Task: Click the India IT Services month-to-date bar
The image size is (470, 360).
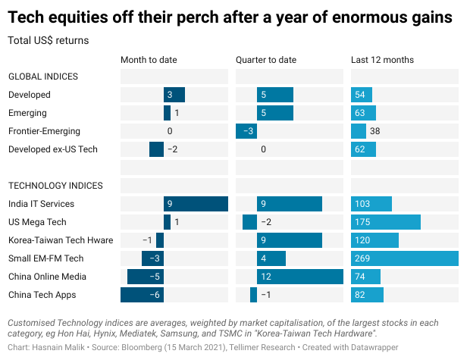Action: click(x=196, y=204)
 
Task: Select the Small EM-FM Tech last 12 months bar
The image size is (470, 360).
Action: click(x=404, y=258)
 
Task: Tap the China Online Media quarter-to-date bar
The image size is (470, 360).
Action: click(x=299, y=277)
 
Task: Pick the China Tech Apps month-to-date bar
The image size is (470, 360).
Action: click(x=142, y=295)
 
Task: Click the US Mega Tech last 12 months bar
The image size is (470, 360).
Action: click(x=385, y=222)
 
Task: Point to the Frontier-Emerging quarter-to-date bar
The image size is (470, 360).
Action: click(x=246, y=131)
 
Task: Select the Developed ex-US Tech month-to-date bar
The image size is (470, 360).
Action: click(x=156, y=149)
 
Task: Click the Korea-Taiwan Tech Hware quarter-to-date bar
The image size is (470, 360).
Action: click(x=290, y=240)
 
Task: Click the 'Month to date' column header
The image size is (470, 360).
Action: click(x=149, y=60)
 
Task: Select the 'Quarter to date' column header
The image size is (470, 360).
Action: click(x=266, y=60)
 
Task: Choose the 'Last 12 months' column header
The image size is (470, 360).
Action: click(x=380, y=60)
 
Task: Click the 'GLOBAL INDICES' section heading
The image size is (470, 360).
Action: click(x=43, y=77)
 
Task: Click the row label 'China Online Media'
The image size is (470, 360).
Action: click(x=47, y=277)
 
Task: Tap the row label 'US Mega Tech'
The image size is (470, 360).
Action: click(x=37, y=222)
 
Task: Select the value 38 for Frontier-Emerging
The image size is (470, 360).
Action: click(x=374, y=131)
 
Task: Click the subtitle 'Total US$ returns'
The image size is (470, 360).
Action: click(x=48, y=39)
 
